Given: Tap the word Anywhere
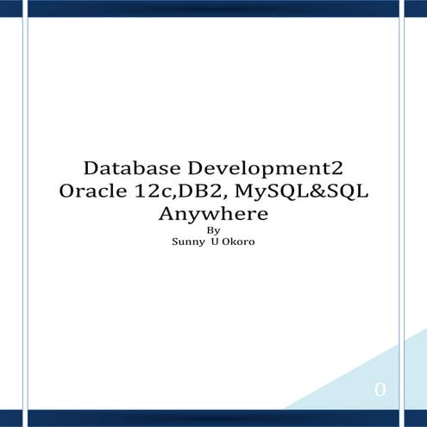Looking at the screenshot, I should click(x=214, y=213).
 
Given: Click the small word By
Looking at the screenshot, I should click(x=214, y=230).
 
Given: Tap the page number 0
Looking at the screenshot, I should click(x=380, y=391).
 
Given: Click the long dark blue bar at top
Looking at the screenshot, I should click(x=213, y=8).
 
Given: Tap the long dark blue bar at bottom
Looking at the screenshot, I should click(x=213, y=418).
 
